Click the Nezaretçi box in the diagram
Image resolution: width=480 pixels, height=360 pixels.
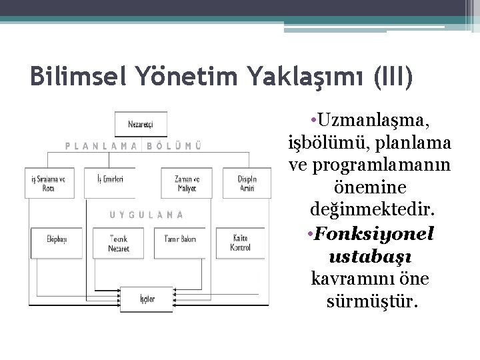(141, 123)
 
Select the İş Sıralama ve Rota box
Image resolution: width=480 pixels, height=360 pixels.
(49, 182)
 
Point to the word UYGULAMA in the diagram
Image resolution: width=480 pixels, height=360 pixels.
(146, 215)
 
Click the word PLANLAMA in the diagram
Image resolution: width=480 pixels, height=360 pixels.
(101, 145)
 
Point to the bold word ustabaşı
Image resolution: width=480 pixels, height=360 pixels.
(371, 257)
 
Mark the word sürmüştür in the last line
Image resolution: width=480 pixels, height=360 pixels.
(372, 303)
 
